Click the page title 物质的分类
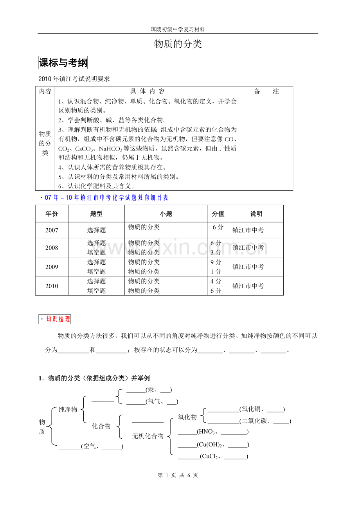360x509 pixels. coord(178,44)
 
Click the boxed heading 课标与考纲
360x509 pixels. coord(63,63)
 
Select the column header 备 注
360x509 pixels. coord(266,91)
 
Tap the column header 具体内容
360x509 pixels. coord(148,91)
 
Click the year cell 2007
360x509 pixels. coord(52,230)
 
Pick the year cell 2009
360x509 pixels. coord(52,267)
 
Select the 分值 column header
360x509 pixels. coord(218,214)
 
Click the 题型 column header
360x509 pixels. coord(96,214)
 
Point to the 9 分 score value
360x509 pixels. coord(216,262)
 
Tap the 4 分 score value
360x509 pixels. coord(216,281)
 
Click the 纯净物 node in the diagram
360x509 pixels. coord(68,409)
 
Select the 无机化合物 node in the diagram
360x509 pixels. coord(148,436)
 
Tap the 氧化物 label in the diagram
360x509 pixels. coord(187,417)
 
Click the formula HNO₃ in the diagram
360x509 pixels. coord(207,432)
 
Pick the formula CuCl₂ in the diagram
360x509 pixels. coord(209,456)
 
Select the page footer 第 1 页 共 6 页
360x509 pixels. coord(178,475)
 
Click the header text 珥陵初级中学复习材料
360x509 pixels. coord(178,29)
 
